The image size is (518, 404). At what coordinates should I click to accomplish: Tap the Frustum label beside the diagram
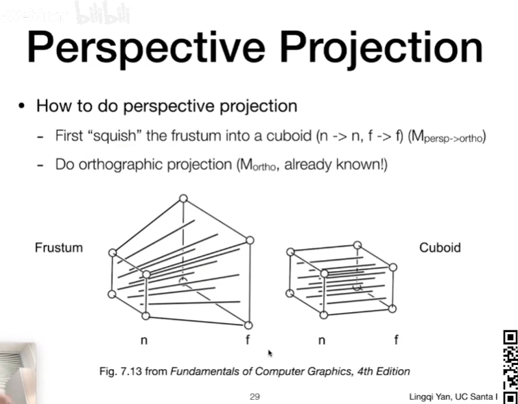click(x=58, y=248)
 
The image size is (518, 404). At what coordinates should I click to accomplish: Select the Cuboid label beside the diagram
click(x=440, y=248)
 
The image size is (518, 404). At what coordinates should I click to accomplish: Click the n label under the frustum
click(x=144, y=340)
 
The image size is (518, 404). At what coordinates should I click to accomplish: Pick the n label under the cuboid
click(x=322, y=340)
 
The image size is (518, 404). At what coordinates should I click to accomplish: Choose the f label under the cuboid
click(x=396, y=340)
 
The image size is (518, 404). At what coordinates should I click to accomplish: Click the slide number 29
click(x=255, y=396)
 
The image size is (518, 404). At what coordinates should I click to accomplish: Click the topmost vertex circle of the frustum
click(x=183, y=199)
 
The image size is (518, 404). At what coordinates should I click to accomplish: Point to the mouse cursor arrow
click(x=270, y=353)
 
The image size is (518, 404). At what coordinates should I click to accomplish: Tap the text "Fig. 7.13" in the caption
click(x=123, y=371)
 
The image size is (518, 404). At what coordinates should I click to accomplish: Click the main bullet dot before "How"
click(x=23, y=106)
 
